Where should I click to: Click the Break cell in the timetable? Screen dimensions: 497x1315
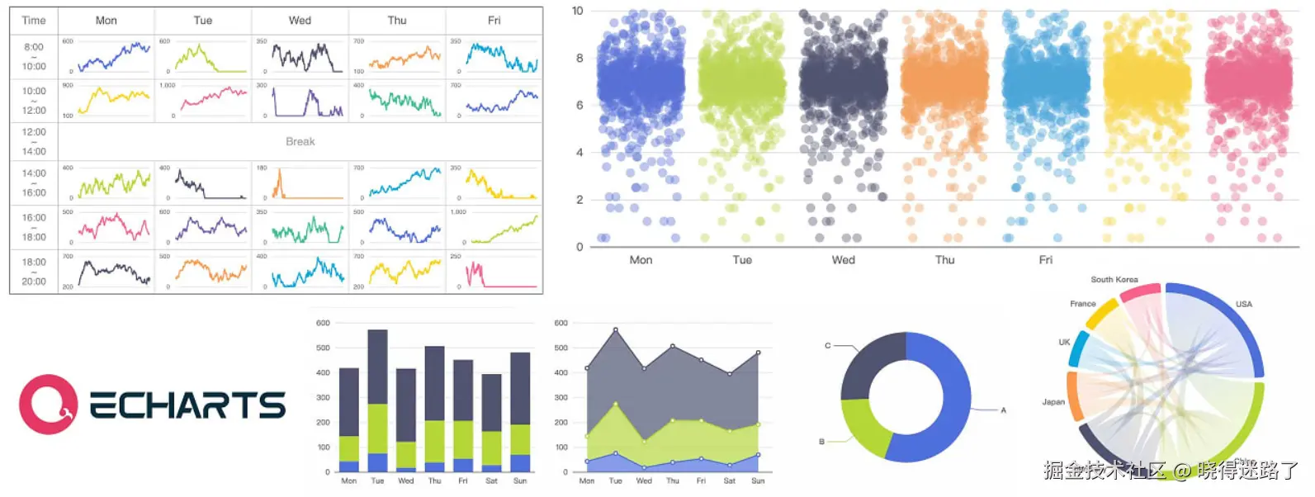[x=300, y=142]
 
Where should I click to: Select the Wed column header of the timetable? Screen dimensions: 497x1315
[x=300, y=21]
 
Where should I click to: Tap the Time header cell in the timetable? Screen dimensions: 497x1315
[x=34, y=21]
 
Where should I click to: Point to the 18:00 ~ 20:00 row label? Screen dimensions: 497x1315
[x=34, y=272]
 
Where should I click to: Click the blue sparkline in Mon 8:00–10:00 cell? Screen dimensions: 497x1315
[x=114, y=57]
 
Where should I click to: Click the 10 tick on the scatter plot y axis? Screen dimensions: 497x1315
[x=577, y=11]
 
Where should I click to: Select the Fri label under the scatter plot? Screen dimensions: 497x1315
[x=1045, y=260]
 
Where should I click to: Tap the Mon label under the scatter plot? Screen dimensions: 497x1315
[x=641, y=260]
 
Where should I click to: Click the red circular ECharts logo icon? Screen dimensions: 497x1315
[x=49, y=405]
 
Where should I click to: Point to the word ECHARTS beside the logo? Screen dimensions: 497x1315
[x=187, y=405]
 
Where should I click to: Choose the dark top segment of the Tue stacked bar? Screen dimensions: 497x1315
[x=377, y=367]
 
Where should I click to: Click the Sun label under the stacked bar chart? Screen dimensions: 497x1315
[x=520, y=480]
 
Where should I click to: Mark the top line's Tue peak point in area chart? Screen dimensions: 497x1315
[x=616, y=330]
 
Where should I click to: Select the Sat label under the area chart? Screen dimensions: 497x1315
[x=729, y=480]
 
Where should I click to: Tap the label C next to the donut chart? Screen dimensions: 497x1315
[x=827, y=346]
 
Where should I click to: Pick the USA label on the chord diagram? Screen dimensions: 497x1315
[x=1243, y=305]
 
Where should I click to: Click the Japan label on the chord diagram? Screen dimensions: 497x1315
[x=1052, y=402]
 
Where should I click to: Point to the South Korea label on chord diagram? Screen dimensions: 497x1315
[x=1114, y=280]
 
